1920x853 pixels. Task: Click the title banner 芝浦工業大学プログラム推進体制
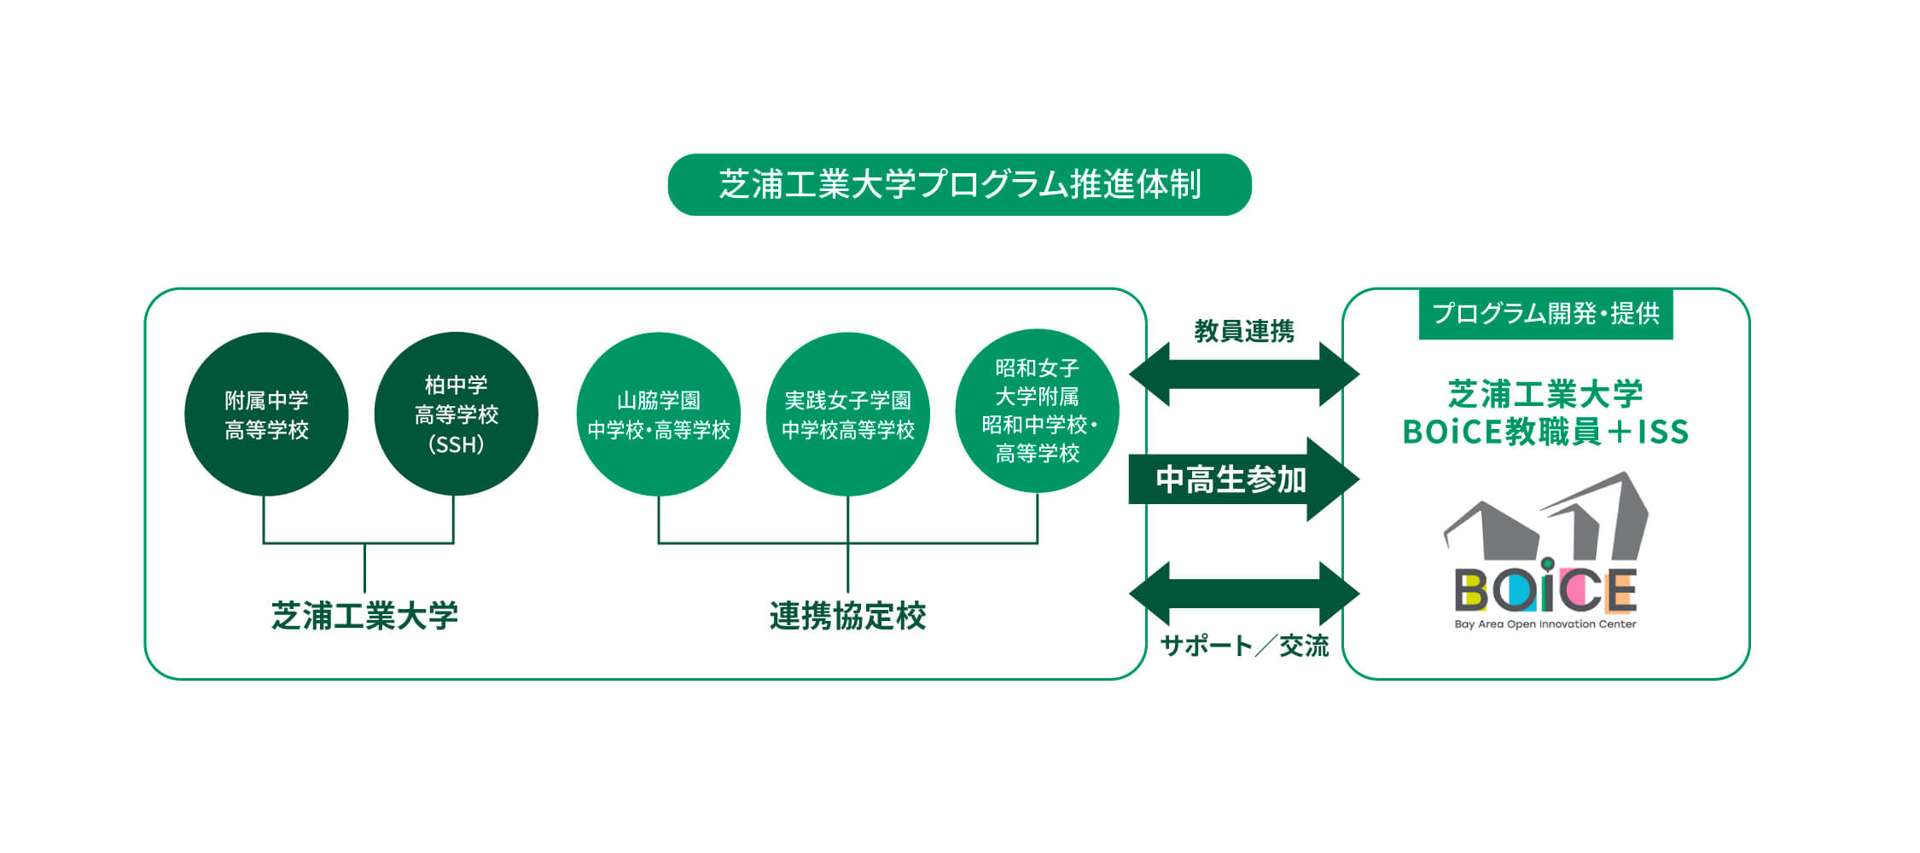tap(959, 184)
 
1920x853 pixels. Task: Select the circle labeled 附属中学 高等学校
tap(266, 414)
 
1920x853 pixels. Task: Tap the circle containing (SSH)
tap(456, 414)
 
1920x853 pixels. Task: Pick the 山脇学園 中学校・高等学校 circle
tap(658, 414)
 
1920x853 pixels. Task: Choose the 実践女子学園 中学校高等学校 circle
tap(847, 414)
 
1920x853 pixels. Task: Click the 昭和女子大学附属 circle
tap(1037, 410)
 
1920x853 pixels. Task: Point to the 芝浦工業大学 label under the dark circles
tap(364, 616)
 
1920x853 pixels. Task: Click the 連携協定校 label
tap(847, 616)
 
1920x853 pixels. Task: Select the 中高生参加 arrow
tap(1243, 479)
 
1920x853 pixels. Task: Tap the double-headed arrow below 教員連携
tap(1244, 374)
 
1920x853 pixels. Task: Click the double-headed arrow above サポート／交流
tap(1244, 593)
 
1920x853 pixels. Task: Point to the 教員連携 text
tap(1244, 331)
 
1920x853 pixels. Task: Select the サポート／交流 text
tap(1244, 646)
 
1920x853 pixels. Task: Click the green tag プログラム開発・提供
tap(1545, 314)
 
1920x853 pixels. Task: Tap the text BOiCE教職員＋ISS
tap(1545, 432)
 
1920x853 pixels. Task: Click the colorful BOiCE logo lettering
tap(1545, 590)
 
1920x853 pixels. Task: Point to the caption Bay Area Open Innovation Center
tap(1545, 624)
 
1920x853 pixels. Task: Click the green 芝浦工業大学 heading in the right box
tap(1545, 394)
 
